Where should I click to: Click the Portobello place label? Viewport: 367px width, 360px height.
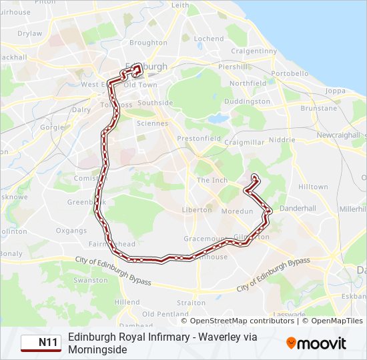pyautogui.click(x=290, y=73)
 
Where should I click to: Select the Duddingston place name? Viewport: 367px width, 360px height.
pyautogui.click(x=248, y=101)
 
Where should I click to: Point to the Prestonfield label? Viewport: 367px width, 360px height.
pyautogui.click(x=198, y=138)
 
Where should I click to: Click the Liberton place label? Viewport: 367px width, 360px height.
pyautogui.click(x=196, y=210)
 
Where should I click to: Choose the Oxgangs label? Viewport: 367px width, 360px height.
pyautogui.click(x=71, y=231)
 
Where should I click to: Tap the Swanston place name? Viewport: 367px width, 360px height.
pyautogui.click(x=90, y=281)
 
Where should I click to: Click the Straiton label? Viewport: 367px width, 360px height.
pyautogui.click(x=192, y=303)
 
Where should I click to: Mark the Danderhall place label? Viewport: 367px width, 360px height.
pyautogui.click(x=298, y=208)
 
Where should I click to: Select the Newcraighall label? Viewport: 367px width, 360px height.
pyautogui.click(x=338, y=135)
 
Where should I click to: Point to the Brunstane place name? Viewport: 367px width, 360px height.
pyautogui.click(x=319, y=108)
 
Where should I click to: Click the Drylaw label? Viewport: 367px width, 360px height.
pyautogui.click(x=29, y=33)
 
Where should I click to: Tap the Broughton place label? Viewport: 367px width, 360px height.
pyautogui.click(x=148, y=43)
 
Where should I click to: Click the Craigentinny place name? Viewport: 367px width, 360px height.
pyautogui.click(x=253, y=51)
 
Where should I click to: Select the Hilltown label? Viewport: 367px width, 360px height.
pyautogui.click(x=313, y=187)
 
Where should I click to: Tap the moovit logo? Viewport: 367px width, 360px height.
pyautogui.click(x=316, y=343)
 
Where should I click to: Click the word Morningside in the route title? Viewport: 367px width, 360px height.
pyautogui.click(x=97, y=349)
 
